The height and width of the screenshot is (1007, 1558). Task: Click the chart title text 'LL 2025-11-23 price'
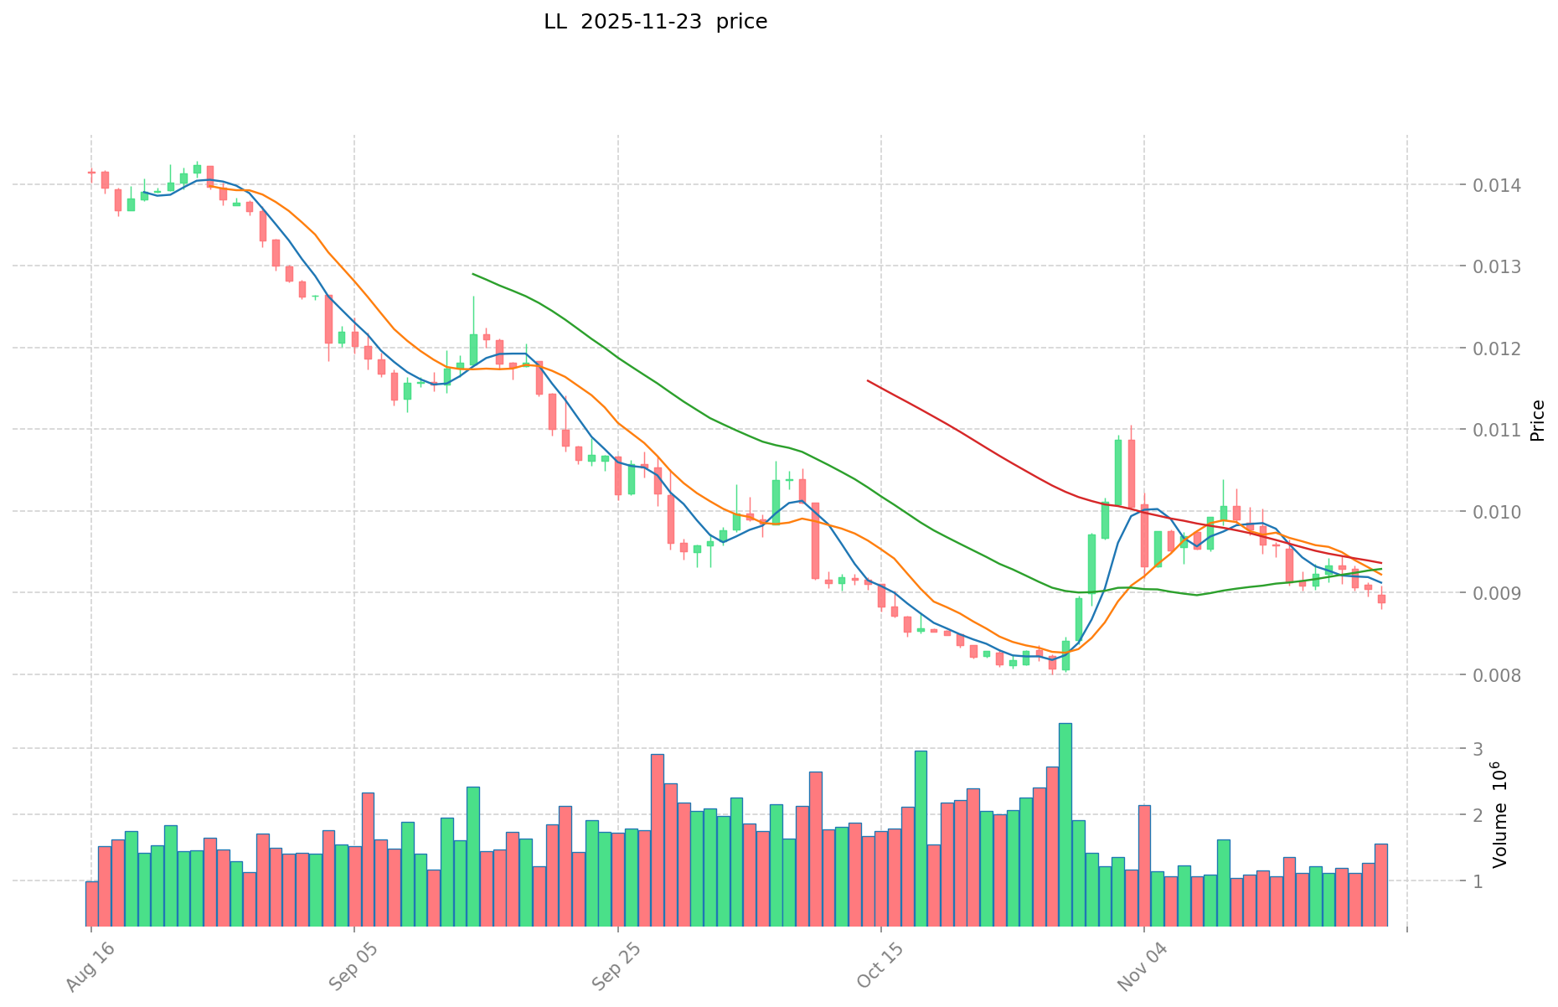655,22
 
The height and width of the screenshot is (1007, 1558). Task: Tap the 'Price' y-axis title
1536,421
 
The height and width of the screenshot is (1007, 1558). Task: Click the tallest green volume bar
1065,824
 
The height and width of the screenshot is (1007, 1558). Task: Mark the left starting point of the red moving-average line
868,380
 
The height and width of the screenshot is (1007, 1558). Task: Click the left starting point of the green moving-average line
473,274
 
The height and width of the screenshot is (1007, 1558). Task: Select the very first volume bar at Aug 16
91,903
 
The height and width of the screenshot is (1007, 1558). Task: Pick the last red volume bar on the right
1381,885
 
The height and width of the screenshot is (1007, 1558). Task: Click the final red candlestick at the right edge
1381,599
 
